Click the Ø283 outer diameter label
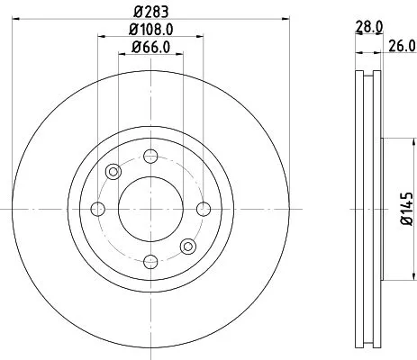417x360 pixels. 151,13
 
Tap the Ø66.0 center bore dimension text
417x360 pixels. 150,48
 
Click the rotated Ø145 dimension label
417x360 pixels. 407,209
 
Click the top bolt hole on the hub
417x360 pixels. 150,157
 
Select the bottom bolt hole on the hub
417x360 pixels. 150,261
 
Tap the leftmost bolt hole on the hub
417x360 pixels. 98,209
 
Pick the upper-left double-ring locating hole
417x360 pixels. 113,172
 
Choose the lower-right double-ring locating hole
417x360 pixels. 187,246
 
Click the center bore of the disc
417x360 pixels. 150,209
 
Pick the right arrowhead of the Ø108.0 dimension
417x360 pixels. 199,40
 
